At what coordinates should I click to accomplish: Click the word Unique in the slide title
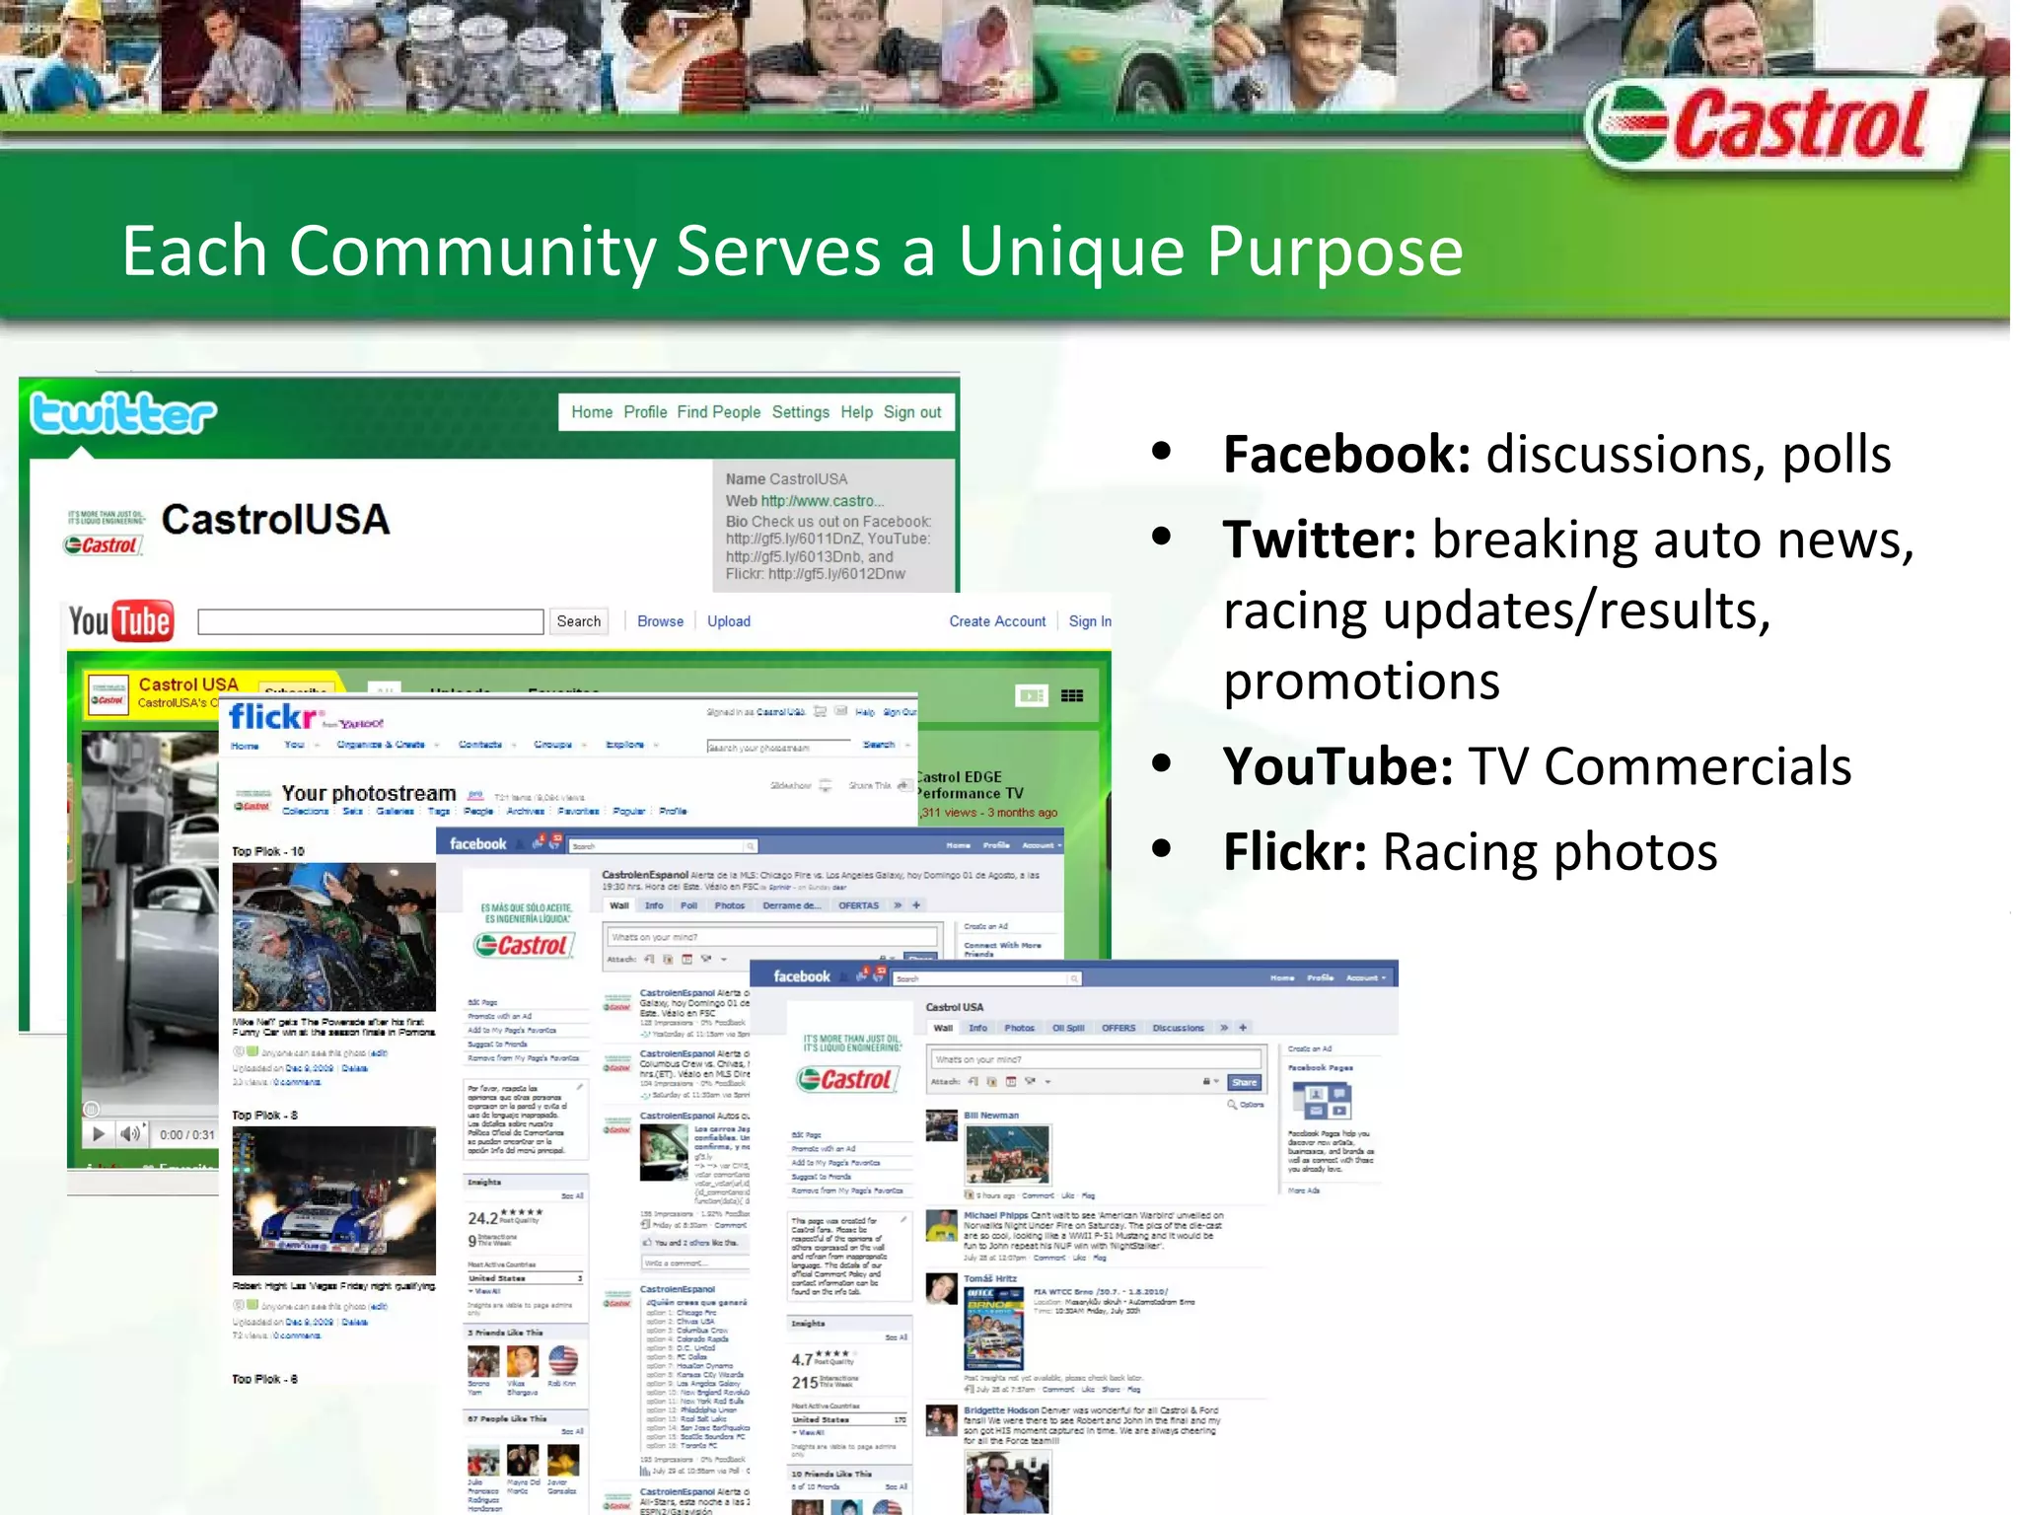(1071, 252)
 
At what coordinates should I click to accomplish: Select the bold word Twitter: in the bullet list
(1320, 540)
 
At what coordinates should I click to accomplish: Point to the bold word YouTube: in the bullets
(1337, 766)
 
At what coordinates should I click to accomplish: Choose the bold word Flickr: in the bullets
(1294, 852)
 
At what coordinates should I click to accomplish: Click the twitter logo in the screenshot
(123, 413)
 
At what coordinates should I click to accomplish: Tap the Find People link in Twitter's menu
(718, 412)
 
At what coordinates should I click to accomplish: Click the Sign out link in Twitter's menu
(911, 412)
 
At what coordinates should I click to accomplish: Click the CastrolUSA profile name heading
(275, 520)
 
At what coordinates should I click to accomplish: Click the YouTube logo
(120, 621)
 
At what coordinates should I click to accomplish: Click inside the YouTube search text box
(370, 621)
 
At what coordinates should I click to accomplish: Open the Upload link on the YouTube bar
(728, 621)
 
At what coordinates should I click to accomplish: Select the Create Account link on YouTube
(996, 621)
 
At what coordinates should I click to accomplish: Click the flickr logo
(272, 717)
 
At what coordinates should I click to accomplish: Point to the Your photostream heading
(368, 793)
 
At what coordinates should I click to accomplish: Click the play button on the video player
(99, 1134)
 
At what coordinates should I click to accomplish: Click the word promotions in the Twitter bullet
(1361, 682)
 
